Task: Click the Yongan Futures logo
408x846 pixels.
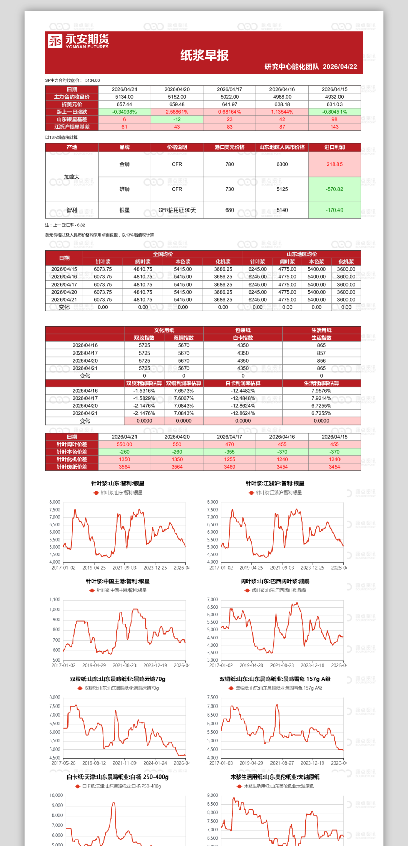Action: coord(78,41)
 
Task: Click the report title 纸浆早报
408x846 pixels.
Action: coord(205,55)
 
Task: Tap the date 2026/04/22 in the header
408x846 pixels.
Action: coord(339,67)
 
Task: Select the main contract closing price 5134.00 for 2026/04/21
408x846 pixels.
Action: coord(124,97)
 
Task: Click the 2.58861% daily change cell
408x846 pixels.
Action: coord(177,112)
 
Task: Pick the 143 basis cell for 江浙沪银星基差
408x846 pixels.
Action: coord(334,127)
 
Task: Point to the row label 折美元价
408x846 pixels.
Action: coord(72,104)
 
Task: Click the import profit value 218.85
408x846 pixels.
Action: coord(334,164)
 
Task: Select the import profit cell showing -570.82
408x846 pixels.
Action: coord(334,189)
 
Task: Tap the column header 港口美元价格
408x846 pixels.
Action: coord(230,147)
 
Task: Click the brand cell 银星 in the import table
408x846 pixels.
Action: coord(124,210)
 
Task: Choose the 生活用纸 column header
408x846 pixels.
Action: coord(321,330)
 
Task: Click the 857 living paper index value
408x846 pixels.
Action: coord(321,353)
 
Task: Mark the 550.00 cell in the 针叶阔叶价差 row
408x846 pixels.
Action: coord(124,444)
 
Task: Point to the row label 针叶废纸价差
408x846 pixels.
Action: coord(72,467)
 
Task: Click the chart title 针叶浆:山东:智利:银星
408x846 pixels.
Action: coord(117,483)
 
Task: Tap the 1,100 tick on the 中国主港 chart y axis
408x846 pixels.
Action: coord(55,599)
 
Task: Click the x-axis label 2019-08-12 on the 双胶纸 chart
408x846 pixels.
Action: coord(94,763)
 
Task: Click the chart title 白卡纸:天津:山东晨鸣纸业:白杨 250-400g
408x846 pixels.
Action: coord(117,777)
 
